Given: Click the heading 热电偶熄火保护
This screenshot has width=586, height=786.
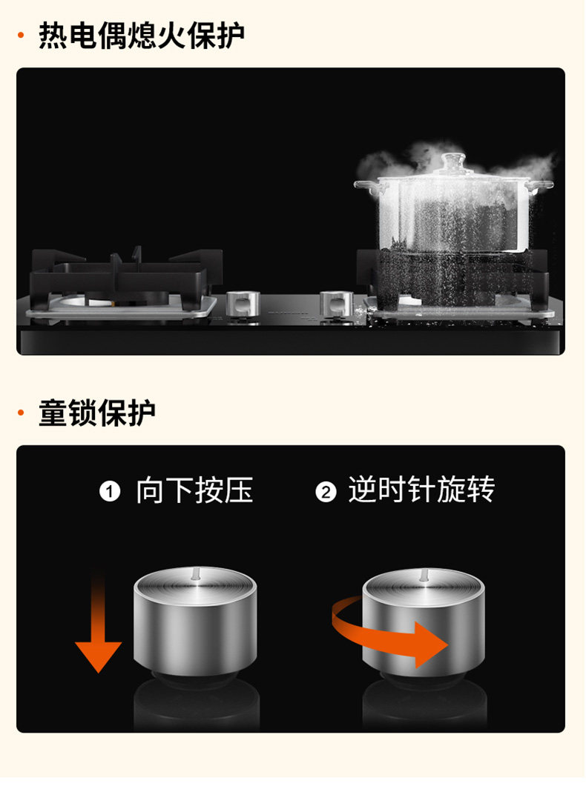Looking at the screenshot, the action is tap(141, 36).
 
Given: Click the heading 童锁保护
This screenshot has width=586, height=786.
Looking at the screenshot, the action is tap(97, 413).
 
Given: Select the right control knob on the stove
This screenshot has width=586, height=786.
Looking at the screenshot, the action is tap(335, 303).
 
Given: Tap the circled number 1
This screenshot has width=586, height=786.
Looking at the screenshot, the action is tap(110, 491).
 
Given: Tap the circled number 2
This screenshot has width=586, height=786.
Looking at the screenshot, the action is tap(326, 491).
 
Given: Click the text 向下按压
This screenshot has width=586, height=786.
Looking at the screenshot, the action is tap(194, 490).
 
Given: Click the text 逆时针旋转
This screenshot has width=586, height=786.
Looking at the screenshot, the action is tap(421, 490).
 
